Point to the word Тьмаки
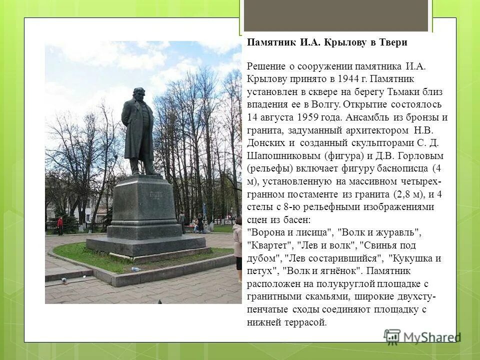(412, 92)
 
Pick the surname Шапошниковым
(283, 156)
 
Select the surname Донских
(265, 143)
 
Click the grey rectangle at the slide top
(335, 15)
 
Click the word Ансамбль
(368, 118)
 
